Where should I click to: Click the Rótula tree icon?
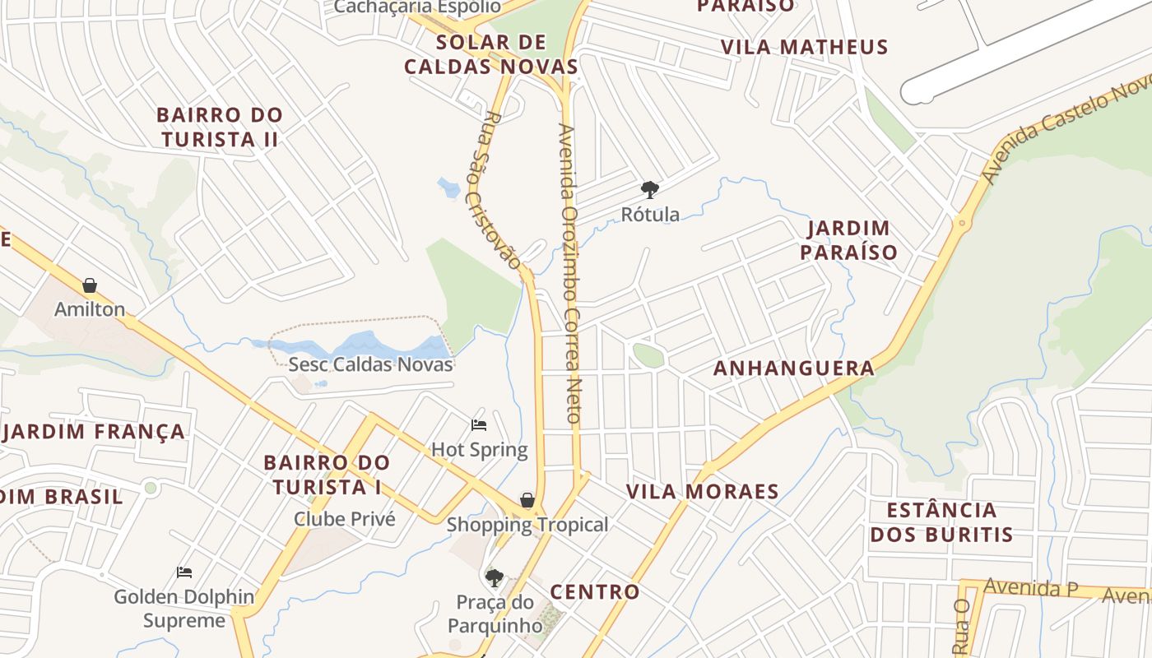pyautogui.click(x=650, y=190)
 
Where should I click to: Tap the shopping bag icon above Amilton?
pyautogui.click(x=90, y=285)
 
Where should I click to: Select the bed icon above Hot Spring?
pyautogui.click(x=479, y=425)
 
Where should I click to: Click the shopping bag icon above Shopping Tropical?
pyautogui.click(x=527, y=500)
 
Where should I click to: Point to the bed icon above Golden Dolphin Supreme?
pyautogui.click(x=184, y=572)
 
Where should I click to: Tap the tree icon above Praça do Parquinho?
pyautogui.click(x=494, y=577)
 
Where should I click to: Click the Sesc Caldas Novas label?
pyautogui.click(x=370, y=364)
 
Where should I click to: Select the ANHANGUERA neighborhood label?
pyautogui.click(x=793, y=368)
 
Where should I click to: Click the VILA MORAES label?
pyautogui.click(x=702, y=492)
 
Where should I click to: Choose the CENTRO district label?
pyautogui.click(x=594, y=591)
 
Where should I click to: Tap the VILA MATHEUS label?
pyautogui.click(x=804, y=47)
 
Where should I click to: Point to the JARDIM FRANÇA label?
pyautogui.click(x=94, y=432)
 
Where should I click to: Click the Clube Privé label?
pyautogui.click(x=345, y=519)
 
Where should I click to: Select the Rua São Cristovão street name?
pyautogui.click(x=497, y=190)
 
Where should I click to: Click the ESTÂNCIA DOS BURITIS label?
pyautogui.click(x=941, y=522)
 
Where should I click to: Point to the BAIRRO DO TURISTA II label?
pyautogui.click(x=219, y=127)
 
